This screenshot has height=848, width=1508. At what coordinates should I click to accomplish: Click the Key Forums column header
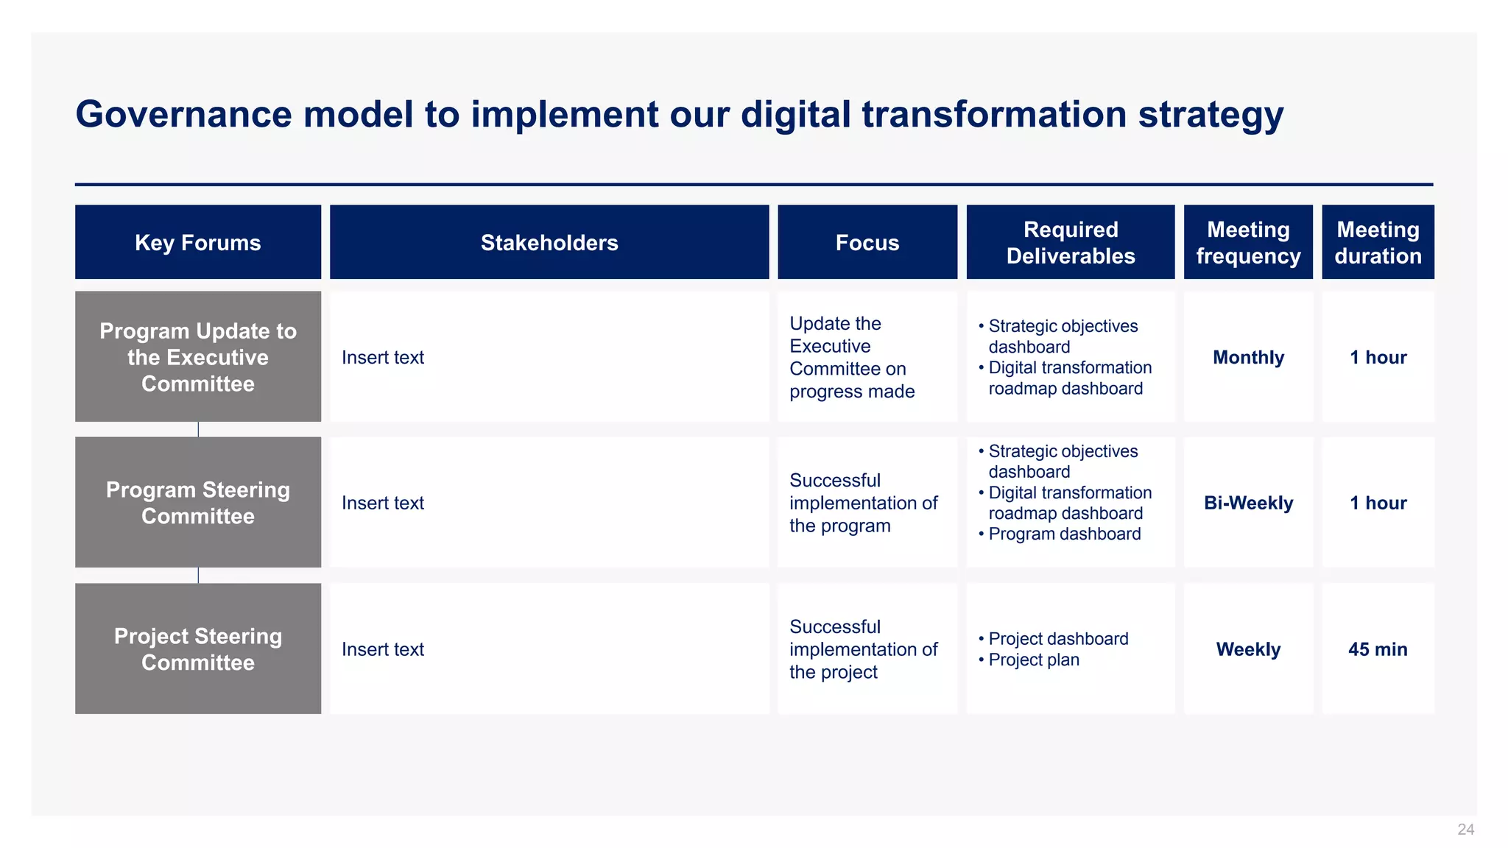(197, 242)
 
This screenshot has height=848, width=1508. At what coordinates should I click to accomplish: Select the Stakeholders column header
(549, 242)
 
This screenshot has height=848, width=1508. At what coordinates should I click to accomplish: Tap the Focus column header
(867, 242)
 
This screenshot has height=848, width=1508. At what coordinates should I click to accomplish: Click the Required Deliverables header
(1070, 242)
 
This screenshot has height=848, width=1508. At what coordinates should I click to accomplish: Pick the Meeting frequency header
(1248, 242)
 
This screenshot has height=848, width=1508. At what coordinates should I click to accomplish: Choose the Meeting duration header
(1378, 242)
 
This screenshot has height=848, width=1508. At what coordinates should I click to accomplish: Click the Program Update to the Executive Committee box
(197, 357)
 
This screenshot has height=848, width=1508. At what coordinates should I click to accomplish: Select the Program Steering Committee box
(197, 503)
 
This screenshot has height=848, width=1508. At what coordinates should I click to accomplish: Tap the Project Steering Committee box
(197, 649)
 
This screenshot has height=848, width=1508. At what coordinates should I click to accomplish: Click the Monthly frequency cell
(1248, 357)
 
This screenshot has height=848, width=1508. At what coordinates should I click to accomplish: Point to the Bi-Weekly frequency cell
(1248, 503)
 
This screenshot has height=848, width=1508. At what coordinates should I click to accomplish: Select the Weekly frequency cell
(1248, 649)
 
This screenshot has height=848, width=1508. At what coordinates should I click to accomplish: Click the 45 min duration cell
(1378, 649)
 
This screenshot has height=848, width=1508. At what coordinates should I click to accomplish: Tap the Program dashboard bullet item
(1064, 534)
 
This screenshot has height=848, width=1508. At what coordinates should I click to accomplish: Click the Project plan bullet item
(1033, 660)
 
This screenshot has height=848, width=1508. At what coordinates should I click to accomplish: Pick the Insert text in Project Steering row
(383, 649)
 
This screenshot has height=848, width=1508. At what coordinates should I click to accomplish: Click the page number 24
(1465, 830)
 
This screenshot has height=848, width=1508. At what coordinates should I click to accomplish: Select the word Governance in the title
(183, 115)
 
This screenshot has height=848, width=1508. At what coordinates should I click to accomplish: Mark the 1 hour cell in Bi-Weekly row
(1378, 503)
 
